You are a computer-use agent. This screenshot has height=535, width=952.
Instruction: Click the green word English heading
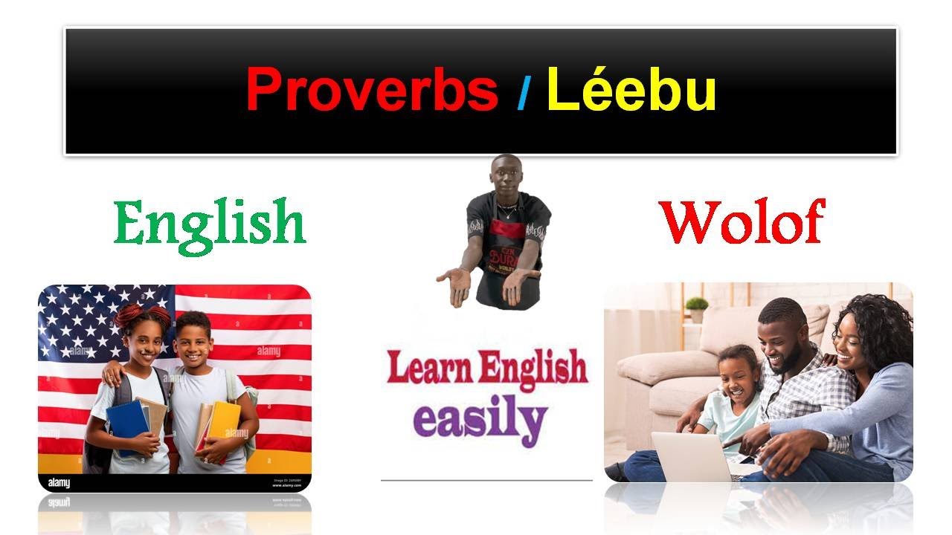click(210, 223)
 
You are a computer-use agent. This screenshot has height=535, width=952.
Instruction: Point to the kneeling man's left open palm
click(455, 282)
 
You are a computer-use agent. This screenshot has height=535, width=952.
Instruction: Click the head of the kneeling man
click(506, 172)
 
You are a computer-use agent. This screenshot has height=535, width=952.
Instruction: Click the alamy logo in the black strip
click(59, 483)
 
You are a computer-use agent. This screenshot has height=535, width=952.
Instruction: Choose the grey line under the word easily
click(486, 480)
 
